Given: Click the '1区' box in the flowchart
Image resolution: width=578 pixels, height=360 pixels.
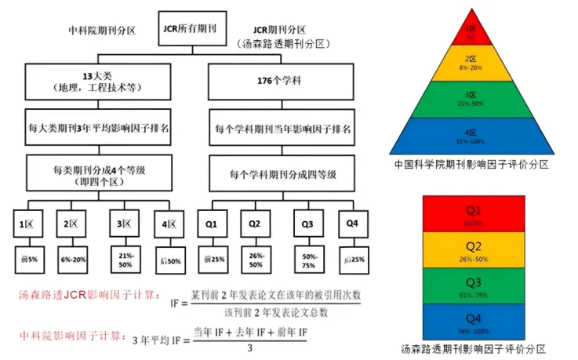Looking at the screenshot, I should pos(27,225).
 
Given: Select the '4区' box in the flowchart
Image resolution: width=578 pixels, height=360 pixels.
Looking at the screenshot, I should pos(167,224).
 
